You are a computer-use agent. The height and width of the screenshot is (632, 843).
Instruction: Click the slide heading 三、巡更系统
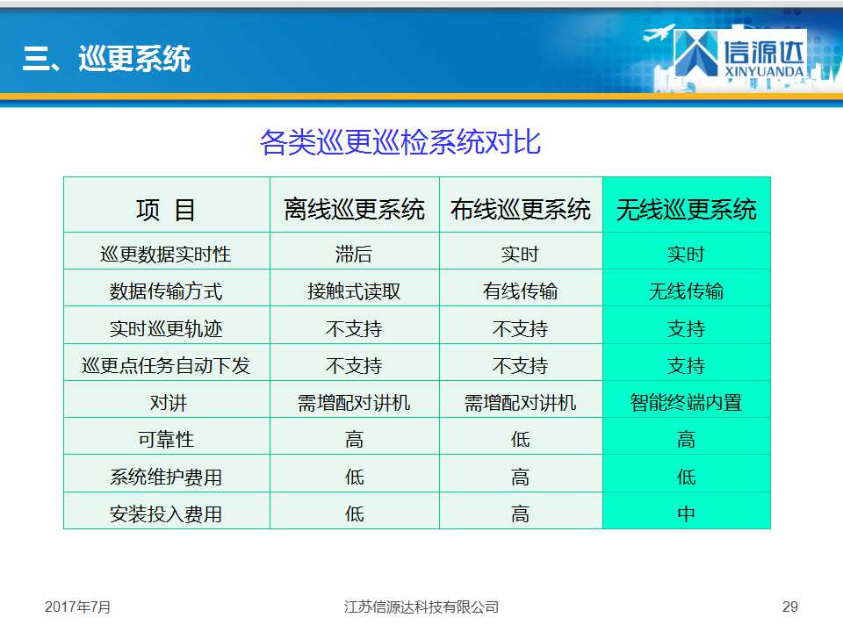106,58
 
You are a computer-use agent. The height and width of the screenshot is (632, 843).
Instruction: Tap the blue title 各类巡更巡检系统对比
400,142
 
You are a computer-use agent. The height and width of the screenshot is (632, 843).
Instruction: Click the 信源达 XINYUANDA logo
740,54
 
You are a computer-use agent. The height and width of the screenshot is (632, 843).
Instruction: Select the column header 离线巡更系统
354,209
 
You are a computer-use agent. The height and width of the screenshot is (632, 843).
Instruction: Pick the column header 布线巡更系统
521,209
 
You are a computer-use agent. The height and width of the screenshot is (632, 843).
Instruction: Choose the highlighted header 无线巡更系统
687,209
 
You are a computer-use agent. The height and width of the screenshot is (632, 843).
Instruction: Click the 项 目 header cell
166,210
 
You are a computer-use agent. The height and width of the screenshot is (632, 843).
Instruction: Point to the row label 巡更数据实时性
166,255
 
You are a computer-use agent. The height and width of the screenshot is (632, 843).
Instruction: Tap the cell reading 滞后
354,255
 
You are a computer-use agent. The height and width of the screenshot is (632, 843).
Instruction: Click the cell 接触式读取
354,291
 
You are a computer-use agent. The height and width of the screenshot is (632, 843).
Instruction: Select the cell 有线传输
520,291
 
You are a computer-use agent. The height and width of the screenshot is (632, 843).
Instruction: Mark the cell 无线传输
686,291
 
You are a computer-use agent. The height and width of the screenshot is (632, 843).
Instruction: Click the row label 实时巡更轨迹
166,328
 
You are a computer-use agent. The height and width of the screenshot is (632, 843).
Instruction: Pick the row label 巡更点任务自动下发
166,365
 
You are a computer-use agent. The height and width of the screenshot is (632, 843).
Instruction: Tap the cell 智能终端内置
686,403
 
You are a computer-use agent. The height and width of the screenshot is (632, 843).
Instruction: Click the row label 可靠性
166,440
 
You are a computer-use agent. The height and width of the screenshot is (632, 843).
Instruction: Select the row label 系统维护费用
166,477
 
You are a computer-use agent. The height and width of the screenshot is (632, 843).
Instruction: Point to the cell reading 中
686,513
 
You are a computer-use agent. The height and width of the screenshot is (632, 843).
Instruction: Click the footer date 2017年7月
77,607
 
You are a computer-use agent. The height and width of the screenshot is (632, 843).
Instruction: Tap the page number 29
789,607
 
